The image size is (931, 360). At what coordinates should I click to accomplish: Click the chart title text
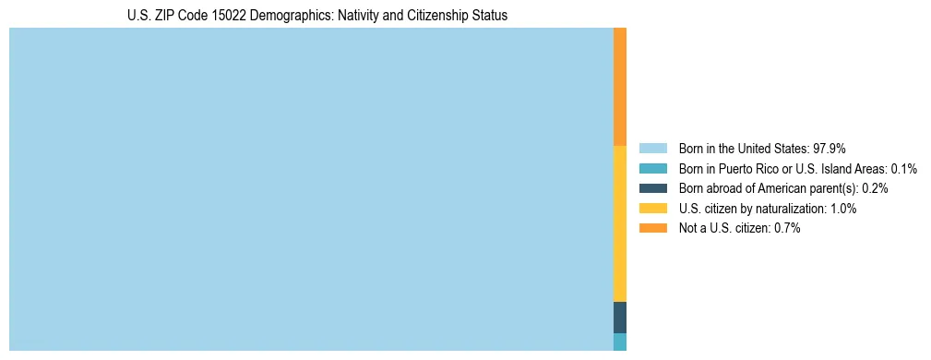(317, 16)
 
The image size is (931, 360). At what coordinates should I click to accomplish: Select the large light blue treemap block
(311, 189)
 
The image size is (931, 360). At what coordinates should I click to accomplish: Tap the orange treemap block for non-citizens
(620, 86)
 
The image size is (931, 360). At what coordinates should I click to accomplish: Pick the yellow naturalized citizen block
(620, 222)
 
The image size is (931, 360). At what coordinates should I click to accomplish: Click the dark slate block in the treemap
(620, 317)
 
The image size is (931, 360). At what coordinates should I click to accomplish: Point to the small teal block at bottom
(620, 342)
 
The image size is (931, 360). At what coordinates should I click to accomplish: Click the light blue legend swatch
(652, 149)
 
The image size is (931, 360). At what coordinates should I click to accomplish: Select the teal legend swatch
(652, 169)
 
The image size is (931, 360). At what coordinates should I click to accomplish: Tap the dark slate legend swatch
(652, 188)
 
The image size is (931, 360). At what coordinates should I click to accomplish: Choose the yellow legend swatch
(652, 209)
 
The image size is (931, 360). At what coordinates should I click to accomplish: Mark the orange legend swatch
(652, 228)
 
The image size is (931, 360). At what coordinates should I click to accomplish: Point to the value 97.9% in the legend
(830, 149)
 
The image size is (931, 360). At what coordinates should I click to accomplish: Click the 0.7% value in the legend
(786, 228)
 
